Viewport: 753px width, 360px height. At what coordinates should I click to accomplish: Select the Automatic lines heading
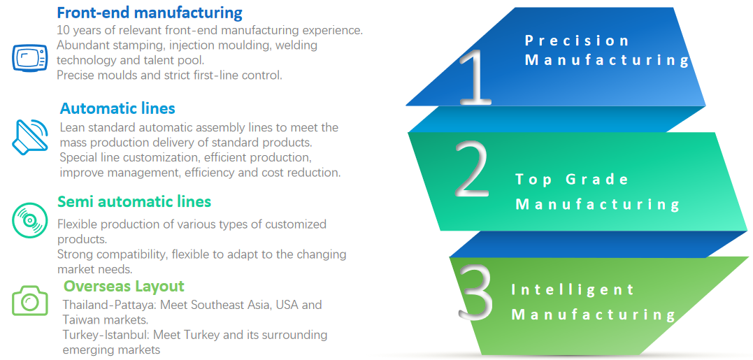click(117, 108)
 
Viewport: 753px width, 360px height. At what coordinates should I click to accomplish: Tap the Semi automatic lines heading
click(134, 201)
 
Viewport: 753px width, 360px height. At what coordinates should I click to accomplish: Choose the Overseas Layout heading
click(124, 286)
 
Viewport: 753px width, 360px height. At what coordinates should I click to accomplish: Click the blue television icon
click(29, 57)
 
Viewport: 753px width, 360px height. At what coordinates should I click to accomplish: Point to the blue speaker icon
click(30, 136)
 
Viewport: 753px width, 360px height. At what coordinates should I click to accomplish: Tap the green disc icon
click(29, 220)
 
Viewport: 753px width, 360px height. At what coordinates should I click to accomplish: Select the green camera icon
click(30, 301)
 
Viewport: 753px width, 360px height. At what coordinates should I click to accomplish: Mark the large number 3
click(475, 294)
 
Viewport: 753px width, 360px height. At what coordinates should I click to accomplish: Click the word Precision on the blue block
click(577, 41)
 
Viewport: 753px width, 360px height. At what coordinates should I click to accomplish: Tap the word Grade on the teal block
click(597, 180)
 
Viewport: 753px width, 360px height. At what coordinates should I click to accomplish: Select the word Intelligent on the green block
click(573, 290)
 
